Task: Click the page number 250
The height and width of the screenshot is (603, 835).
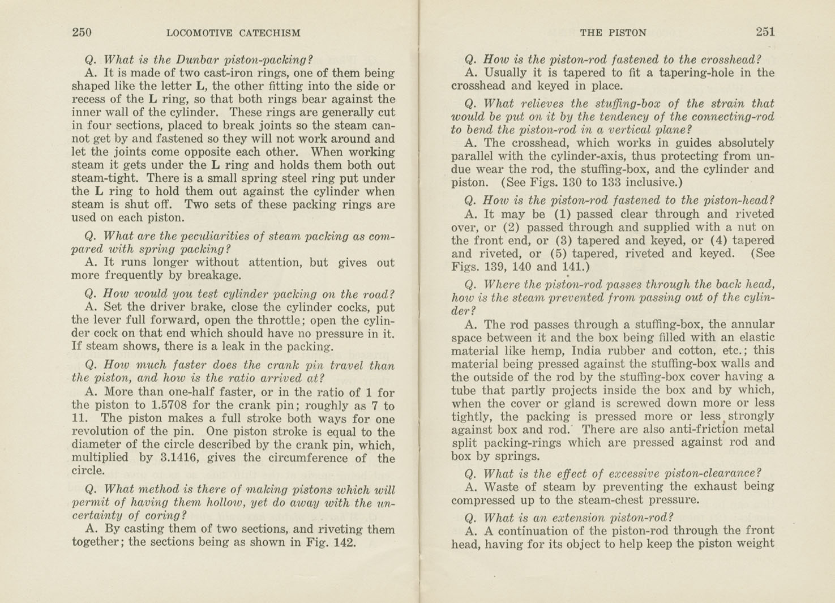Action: [82, 32]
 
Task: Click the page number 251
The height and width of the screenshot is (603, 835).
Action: [765, 32]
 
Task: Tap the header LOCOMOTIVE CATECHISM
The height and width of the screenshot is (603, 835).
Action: [233, 33]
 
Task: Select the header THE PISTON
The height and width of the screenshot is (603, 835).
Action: [613, 33]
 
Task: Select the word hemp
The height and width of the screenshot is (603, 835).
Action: [548, 350]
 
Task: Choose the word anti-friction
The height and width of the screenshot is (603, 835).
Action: [704, 429]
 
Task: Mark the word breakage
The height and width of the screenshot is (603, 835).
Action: [217, 276]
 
